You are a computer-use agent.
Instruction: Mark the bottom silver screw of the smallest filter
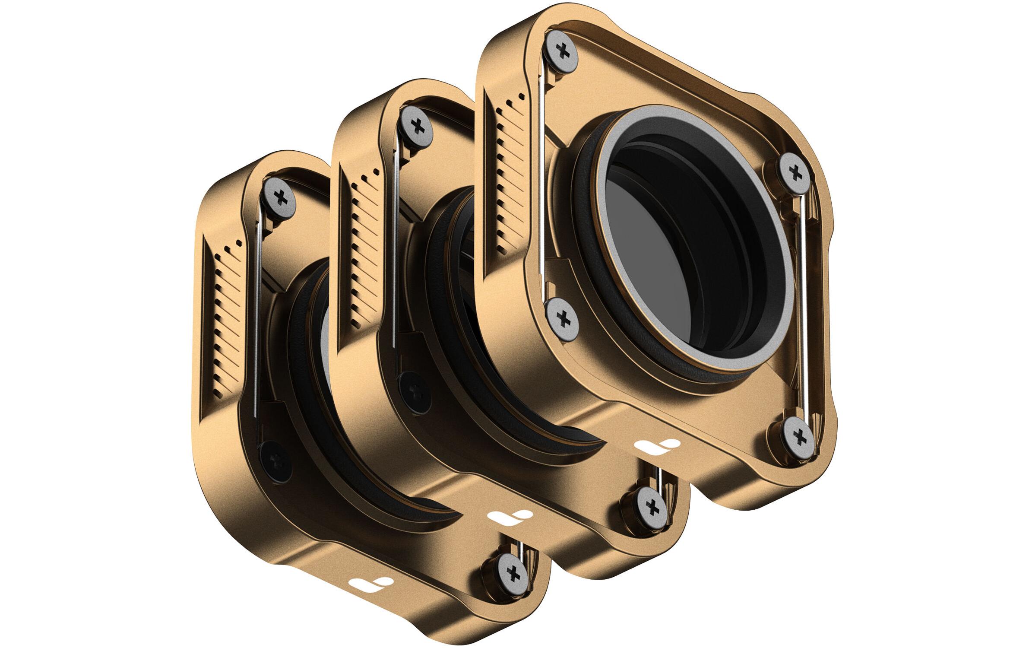pos(513,575)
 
